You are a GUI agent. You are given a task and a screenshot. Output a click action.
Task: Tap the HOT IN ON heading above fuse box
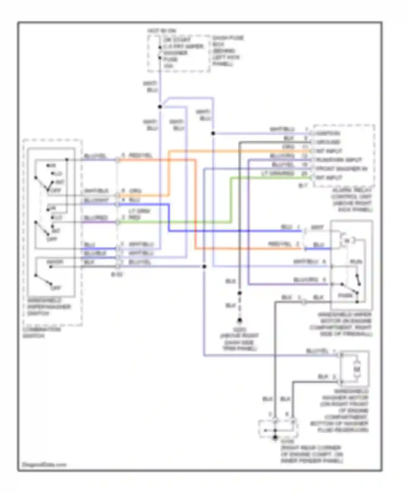[162, 31]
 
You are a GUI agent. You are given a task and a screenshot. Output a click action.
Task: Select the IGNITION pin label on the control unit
[328, 133]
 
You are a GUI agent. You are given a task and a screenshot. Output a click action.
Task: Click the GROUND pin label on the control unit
[328, 142]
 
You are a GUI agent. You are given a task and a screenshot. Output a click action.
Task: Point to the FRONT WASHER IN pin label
[341, 169]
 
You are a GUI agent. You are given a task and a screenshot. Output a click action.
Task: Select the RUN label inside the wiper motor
[356, 262]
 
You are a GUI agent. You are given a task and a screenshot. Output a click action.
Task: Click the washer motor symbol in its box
[357, 369]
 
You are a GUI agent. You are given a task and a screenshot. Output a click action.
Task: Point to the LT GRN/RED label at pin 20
[278, 173]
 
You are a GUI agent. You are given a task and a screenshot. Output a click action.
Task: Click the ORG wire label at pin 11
[288, 147]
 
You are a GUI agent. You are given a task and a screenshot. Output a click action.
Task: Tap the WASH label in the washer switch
[55, 262]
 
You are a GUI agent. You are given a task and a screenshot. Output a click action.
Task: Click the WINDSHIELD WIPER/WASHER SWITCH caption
[49, 307]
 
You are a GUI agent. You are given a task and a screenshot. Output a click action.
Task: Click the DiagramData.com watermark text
[44, 464]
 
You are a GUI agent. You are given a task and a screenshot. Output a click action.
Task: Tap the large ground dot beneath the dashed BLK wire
[240, 320]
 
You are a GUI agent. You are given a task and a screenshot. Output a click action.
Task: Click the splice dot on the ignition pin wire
[213, 133]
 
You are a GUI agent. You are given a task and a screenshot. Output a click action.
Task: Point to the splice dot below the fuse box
[160, 107]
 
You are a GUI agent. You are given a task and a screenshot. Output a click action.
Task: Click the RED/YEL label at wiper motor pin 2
[279, 244]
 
